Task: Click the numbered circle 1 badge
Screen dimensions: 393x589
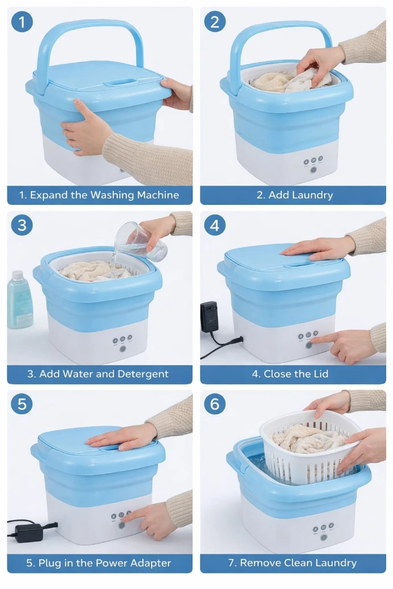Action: click(x=22, y=22)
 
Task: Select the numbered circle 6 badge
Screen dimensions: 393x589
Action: click(x=214, y=404)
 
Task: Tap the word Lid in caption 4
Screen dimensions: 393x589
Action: click(x=321, y=374)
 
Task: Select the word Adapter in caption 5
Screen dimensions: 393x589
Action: click(x=152, y=563)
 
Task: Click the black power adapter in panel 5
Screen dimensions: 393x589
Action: click(x=29, y=532)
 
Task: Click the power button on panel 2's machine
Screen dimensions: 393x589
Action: click(x=313, y=170)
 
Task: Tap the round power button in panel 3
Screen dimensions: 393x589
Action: click(x=122, y=349)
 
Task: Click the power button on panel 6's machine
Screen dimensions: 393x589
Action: click(x=323, y=538)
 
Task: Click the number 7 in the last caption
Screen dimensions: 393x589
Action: click(x=231, y=563)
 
